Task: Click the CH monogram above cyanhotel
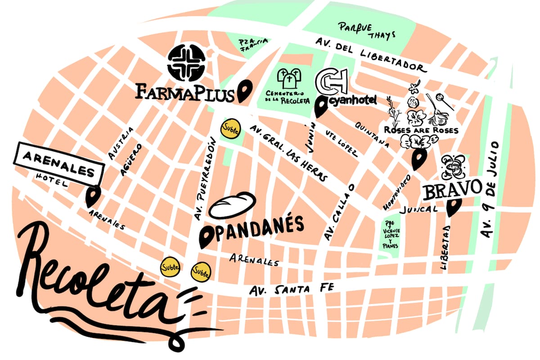(x=332, y=81)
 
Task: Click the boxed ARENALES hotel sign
(x=59, y=165)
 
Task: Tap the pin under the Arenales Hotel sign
(x=93, y=196)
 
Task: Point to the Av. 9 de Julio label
(x=490, y=189)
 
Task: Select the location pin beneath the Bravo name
(x=453, y=207)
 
